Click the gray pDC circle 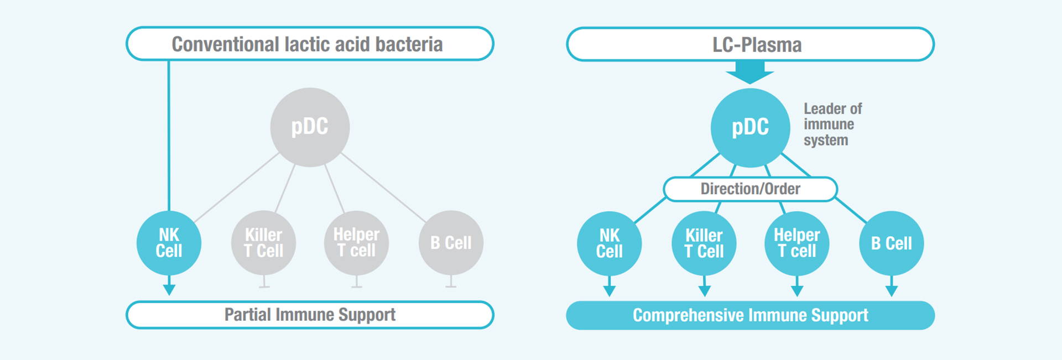click(310, 127)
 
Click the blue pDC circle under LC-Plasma click(750, 128)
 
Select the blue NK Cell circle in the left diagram click(169, 243)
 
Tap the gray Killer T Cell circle click(263, 243)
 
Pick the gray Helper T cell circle click(356, 243)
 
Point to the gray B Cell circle click(451, 243)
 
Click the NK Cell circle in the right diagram click(609, 243)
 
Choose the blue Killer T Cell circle click(704, 243)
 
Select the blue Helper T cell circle click(796, 243)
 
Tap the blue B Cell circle click(891, 243)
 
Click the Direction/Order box click(750, 189)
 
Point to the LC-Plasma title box click(750, 44)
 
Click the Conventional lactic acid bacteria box click(310, 44)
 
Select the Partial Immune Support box click(310, 315)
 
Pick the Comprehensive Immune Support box click(750, 315)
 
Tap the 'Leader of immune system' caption click(832, 124)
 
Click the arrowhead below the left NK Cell click(169, 290)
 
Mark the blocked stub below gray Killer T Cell click(264, 282)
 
